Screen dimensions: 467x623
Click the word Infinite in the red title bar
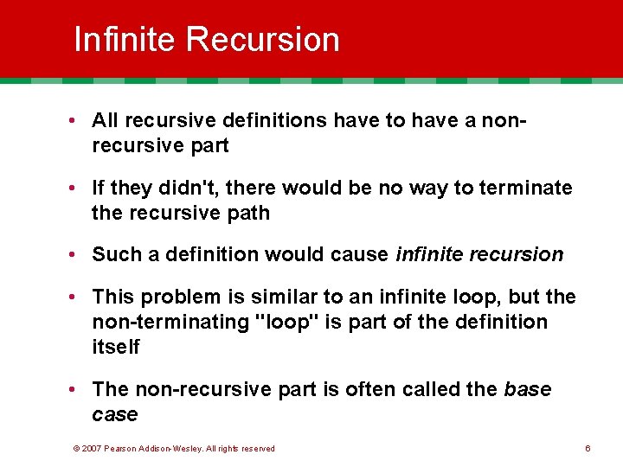pos(125,40)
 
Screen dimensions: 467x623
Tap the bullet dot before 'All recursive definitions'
pos(79,121)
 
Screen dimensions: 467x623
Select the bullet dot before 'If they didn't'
pos(79,189)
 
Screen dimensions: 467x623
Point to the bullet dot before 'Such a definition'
pos(79,255)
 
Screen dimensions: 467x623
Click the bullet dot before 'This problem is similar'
pos(79,297)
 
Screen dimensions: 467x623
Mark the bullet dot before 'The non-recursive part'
pos(79,390)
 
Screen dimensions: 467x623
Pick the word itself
pos(115,346)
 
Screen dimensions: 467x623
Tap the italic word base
pos(527,390)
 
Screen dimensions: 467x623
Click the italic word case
pos(114,415)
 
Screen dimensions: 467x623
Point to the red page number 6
pos(588,449)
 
